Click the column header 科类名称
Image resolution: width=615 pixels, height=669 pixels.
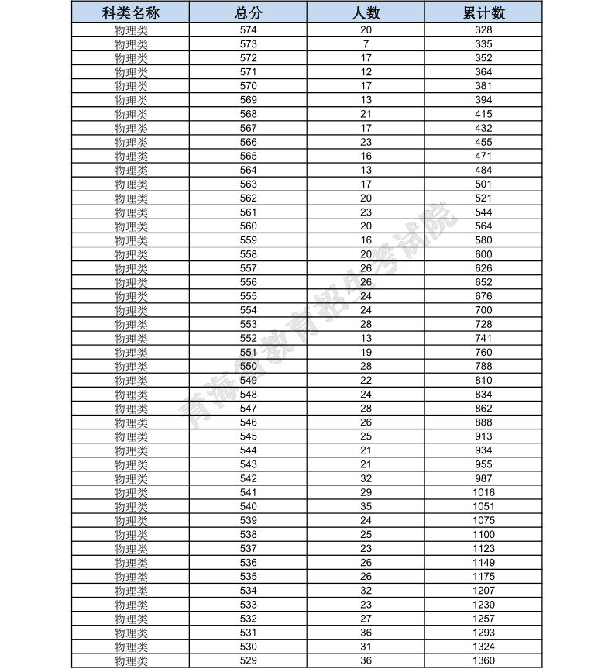coord(131,13)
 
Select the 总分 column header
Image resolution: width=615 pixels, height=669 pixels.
coord(248,13)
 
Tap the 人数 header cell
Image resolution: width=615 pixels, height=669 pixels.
coord(366,13)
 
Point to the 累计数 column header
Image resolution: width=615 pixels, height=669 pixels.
coord(483,13)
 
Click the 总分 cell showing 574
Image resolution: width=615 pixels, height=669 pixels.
coord(248,30)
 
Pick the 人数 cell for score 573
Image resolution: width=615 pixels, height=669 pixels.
coord(366,44)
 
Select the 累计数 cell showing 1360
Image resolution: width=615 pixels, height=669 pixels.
coord(483,660)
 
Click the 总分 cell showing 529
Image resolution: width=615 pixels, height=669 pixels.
coord(248,660)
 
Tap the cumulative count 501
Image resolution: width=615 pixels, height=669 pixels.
coord(483,184)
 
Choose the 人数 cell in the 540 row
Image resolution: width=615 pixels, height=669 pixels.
coord(366,506)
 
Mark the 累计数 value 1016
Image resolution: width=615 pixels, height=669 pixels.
coord(483,492)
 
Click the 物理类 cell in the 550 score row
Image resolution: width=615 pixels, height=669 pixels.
coord(131,367)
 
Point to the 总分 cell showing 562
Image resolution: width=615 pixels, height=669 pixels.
coord(248,198)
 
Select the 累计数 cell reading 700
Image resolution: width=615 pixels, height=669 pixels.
coord(483,310)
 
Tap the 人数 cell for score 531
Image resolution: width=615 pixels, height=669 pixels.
coord(366,633)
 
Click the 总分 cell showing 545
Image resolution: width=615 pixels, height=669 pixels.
coord(248,436)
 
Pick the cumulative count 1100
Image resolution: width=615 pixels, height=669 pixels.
coord(483,534)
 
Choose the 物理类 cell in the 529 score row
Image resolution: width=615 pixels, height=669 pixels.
coord(131,660)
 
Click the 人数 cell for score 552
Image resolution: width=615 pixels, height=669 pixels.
coord(366,338)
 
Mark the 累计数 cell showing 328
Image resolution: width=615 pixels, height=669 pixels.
coord(483,30)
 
